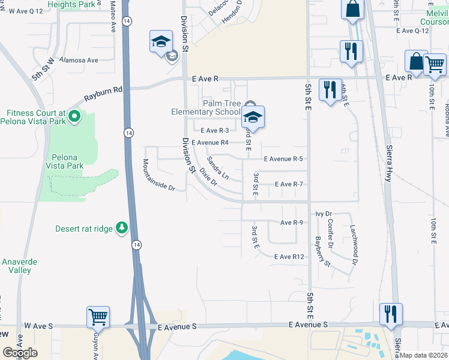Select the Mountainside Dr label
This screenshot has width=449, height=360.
(x=158, y=175)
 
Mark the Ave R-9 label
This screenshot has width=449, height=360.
(x=292, y=223)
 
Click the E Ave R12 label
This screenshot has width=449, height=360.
(x=290, y=257)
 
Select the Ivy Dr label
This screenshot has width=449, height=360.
(x=324, y=214)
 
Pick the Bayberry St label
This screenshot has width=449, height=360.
(x=322, y=251)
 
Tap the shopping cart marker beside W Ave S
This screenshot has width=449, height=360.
(x=98, y=316)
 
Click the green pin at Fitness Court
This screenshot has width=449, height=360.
(x=74, y=115)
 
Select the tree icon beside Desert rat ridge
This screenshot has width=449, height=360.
(x=122, y=227)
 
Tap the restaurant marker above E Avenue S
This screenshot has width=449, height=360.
(x=390, y=314)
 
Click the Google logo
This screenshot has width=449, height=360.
(x=20, y=353)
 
